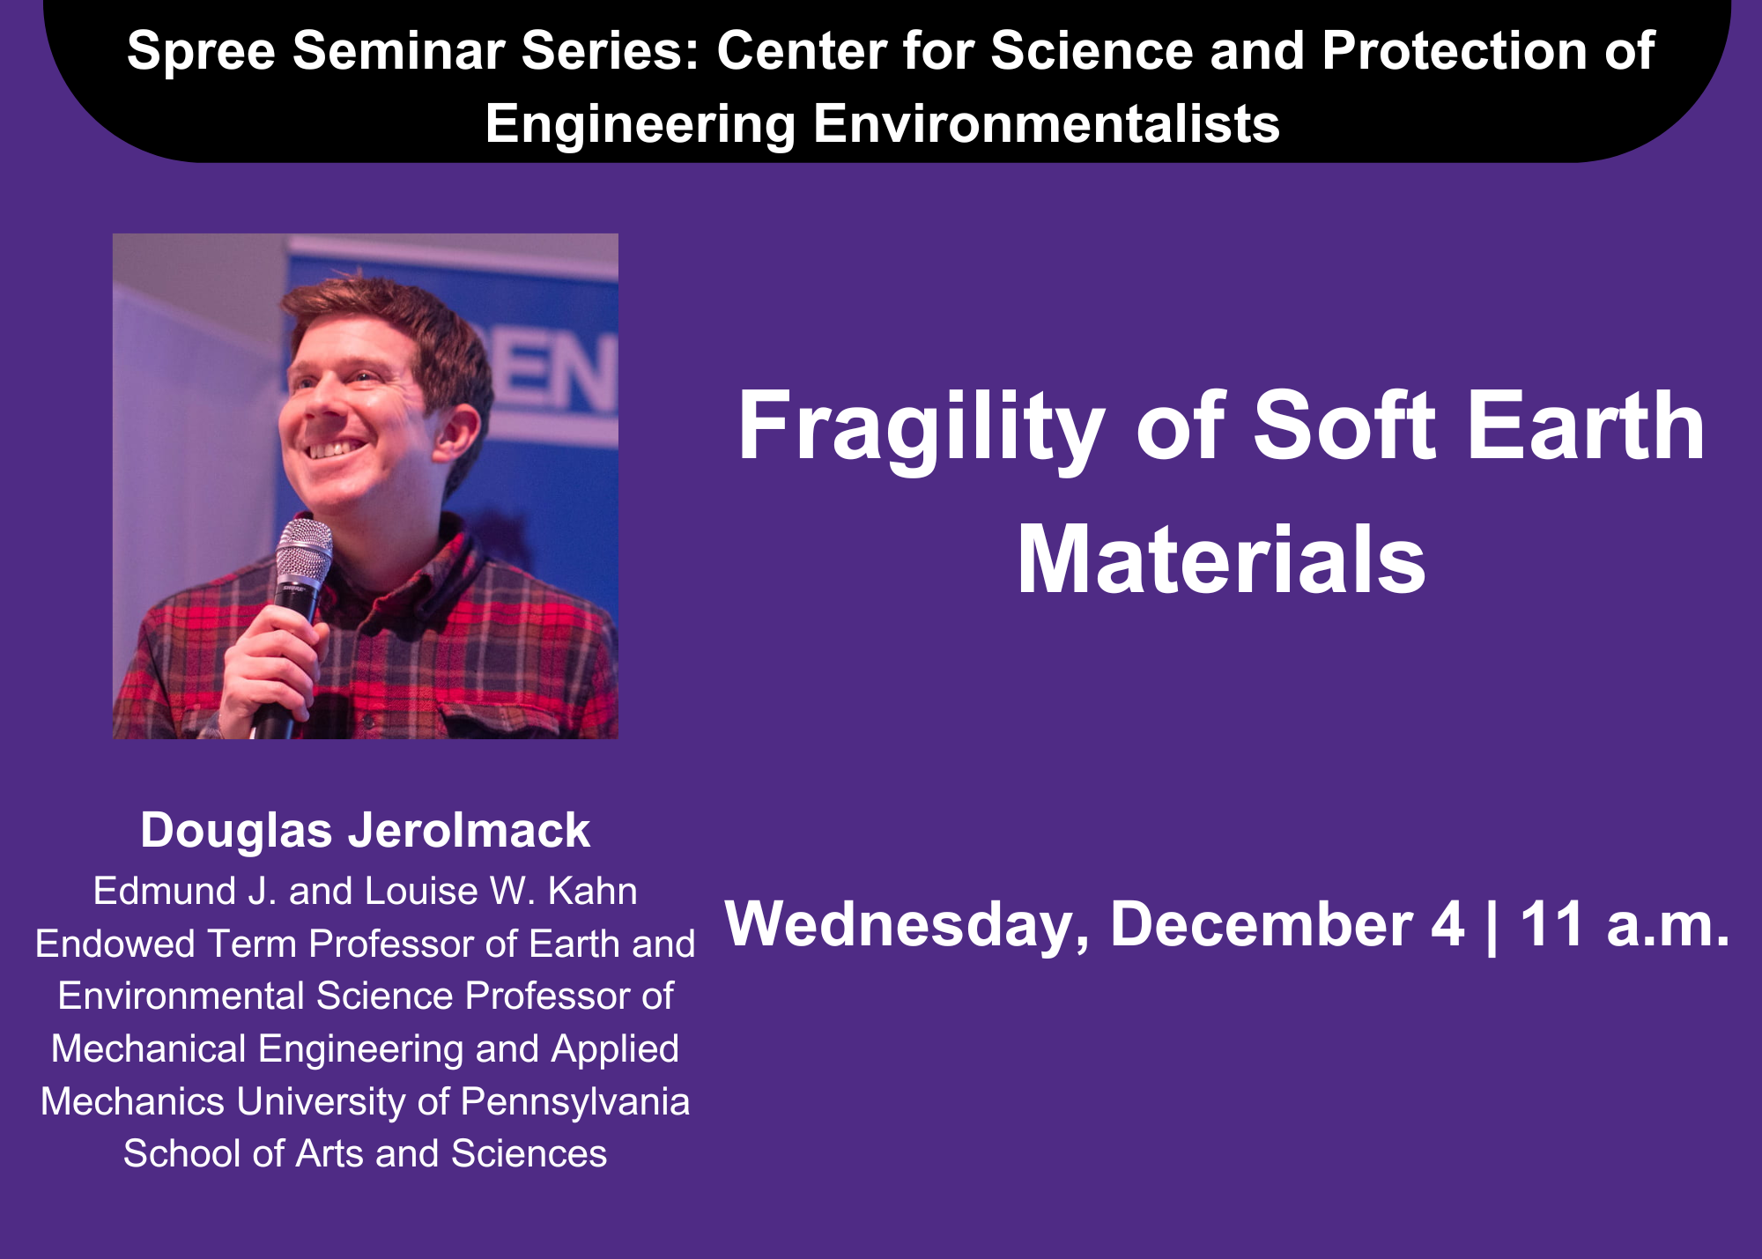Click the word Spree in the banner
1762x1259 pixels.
click(x=202, y=52)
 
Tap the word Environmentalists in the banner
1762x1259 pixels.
click(x=1046, y=123)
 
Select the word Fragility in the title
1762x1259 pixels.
click(x=921, y=429)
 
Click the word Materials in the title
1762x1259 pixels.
click(x=1221, y=560)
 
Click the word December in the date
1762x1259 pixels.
click(x=1262, y=924)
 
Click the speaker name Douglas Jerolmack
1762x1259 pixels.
click(x=365, y=831)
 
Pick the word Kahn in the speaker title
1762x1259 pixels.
click(x=592, y=891)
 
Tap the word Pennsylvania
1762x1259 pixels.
click(x=575, y=1103)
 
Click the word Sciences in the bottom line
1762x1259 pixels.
click(x=529, y=1153)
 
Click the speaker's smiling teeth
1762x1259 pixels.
click(x=335, y=449)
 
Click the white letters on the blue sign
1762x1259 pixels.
click(x=552, y=374)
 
